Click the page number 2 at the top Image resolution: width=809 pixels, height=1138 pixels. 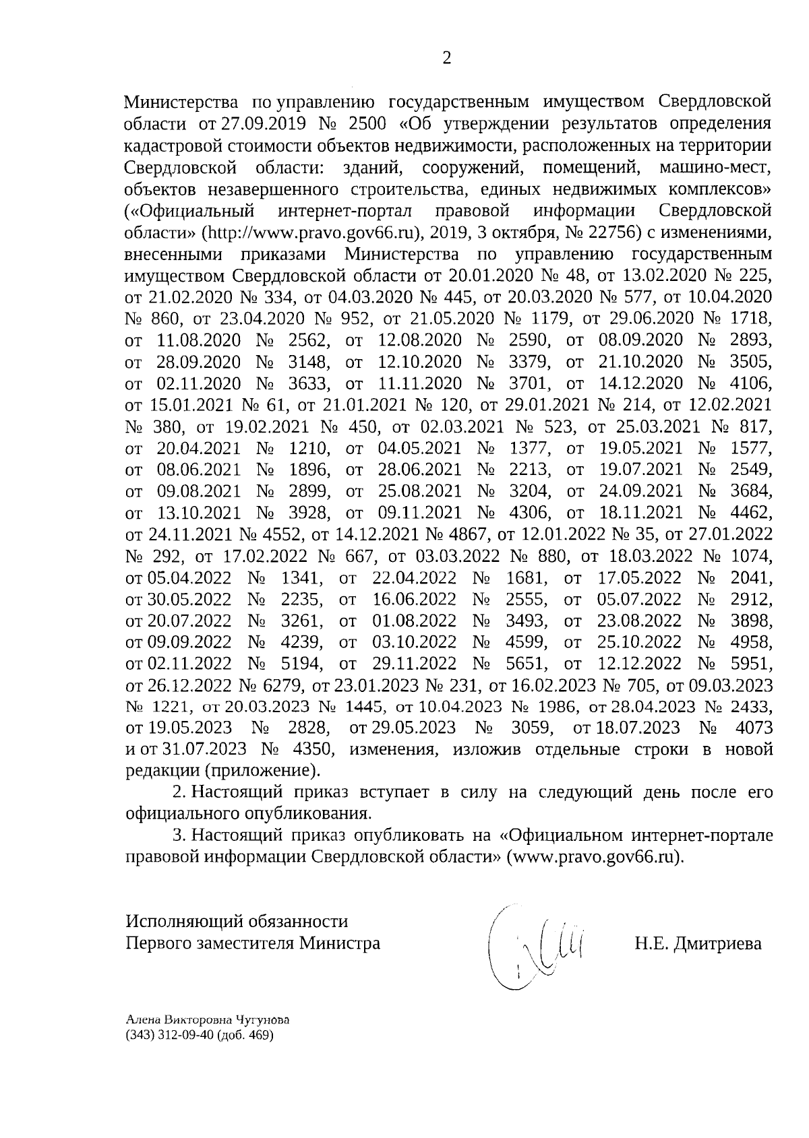point(446,58)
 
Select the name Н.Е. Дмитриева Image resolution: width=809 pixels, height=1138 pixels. point(698,943)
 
